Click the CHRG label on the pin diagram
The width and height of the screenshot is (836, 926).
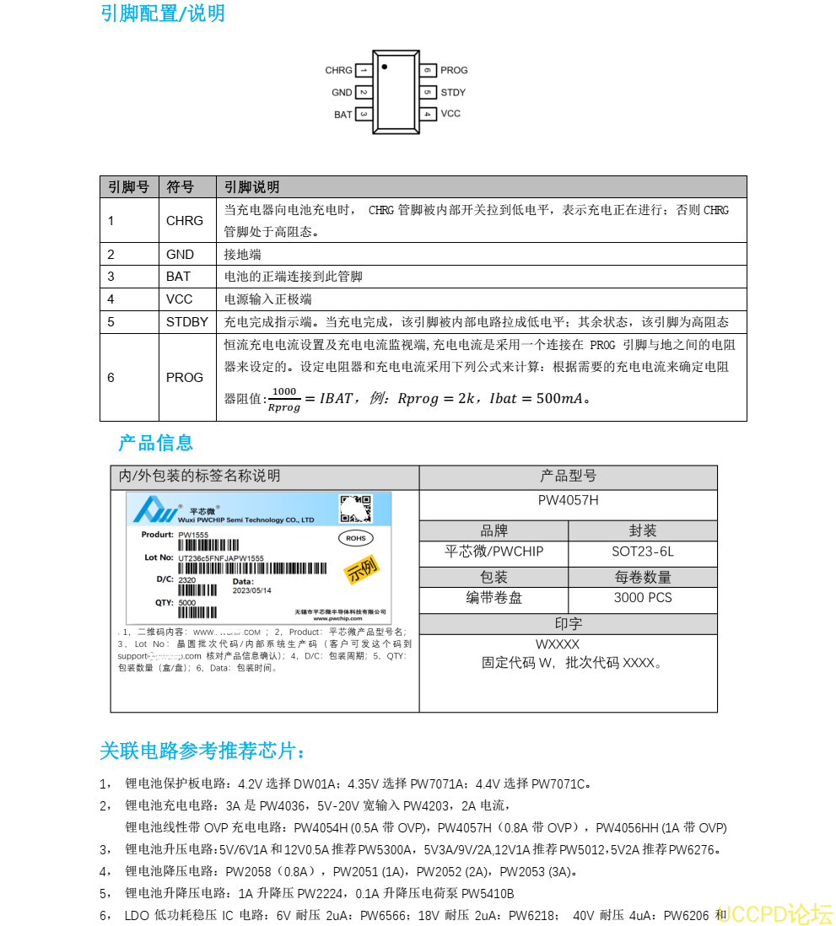tap(338, 71)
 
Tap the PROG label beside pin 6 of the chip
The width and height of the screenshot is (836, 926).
tap(454, 71)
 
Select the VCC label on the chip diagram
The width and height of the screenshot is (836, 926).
tap(450, 114)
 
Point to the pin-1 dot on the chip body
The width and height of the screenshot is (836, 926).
tap(385, 66)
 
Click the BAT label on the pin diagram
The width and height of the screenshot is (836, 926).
tap(342, 115)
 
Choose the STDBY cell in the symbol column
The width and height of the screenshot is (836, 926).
tap(186, 322)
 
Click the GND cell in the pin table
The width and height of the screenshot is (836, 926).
tap(180, 255)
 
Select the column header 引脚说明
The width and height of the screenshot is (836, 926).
tap(251, 187)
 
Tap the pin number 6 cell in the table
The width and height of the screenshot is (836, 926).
tap(111, 378)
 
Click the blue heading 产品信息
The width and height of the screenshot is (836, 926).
tap(156, 443)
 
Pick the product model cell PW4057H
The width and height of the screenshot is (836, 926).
tap(568, 500)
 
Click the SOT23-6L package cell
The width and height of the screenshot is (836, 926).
tap(642, 552)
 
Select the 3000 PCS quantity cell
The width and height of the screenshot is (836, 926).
tap(642, 598)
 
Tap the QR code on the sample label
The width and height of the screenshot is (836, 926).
tap(355, 509)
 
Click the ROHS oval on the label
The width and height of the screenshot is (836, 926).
tap(355, 537)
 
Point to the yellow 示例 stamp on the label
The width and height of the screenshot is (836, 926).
tap(361, 569)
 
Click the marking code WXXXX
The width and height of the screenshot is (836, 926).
tap(557, 645)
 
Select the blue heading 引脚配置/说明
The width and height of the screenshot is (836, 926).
tap(162, 13)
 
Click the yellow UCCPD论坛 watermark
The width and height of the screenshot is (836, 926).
tap(775, 913)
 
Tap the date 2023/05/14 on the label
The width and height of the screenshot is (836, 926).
tap(251, 590)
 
